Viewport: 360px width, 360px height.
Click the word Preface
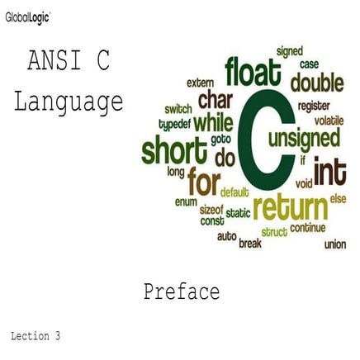[x=181, y=291]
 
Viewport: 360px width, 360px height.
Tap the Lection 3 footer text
[x=36, y=337]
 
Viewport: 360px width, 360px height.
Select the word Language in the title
[x=69, y=102]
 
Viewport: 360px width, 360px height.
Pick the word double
[x=317, y=83]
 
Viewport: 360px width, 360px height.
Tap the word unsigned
[x=309, y=136]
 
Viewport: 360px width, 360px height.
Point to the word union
[x=334, y=244]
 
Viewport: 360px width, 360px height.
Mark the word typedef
[x=174, y=125]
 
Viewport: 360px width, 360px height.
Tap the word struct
[x=274, y=232]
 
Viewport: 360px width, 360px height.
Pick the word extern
[x=200, y=83]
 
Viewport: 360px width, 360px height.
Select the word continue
[x=308, y=228]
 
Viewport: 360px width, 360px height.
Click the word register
[x=314, y=106]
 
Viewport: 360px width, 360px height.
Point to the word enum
[x=186, y=201]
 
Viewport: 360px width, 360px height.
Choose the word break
[x=250, y=244]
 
